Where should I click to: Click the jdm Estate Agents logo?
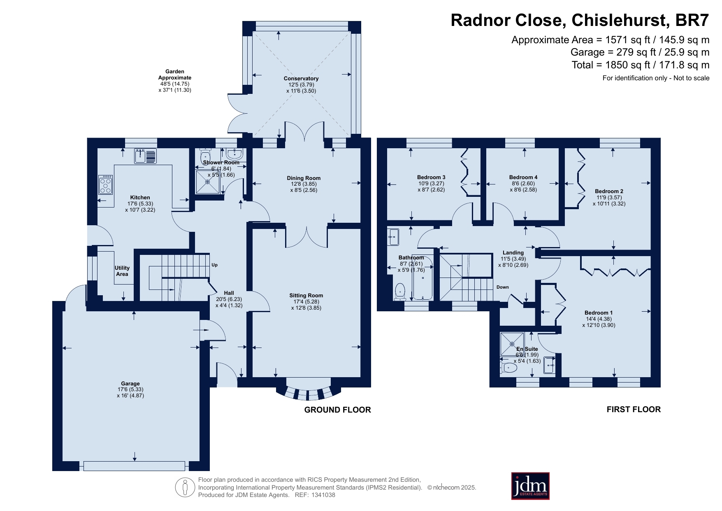pyautogui.click(x=530, y=486)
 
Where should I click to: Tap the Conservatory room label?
pyautogui.click(x=301, y=78)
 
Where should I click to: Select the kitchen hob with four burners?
pyautogui.click(x=105, y=184)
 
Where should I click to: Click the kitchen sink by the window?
pyautogui.click(x=146, y=156)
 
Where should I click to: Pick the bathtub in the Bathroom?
pyautogui.click(x=423, y=278)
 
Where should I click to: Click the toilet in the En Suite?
pyautogui.click(x=509, y=368)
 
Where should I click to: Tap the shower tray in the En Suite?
pyautogui.click(x=512, y=344)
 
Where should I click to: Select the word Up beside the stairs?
pyautogui.click(x=214, y=265)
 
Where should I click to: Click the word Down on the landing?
pyautogui.click(x=502, y=287)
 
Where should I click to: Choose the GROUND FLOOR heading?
pyautogui.click(x=337, y=410)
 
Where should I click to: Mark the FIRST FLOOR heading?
pyautogui.click(x=634, y=409)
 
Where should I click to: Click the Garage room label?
pyautogui.click(x=130, y=383)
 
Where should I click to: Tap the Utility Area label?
pyautogui.click(x=122, y=271)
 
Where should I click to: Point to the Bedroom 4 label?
pyautogui.click(x=523, y=177)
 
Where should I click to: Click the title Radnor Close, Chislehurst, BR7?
pyautogui.click(x=580, y=20)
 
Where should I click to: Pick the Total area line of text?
pyautogui.click(x=641, y=65)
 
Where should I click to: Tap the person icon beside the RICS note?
pyautogui.click(x=185, y=488)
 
